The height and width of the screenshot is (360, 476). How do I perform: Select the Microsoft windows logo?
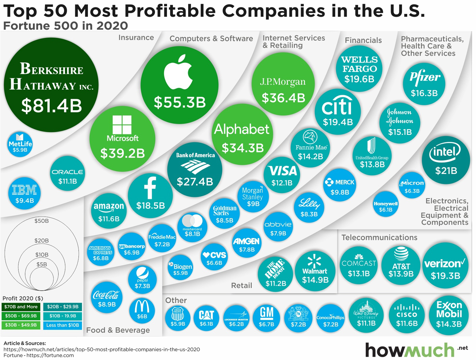[122, 125]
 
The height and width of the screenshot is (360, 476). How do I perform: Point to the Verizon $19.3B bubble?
[445, 269]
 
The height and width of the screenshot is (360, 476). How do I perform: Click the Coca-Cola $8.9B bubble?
[107, 298]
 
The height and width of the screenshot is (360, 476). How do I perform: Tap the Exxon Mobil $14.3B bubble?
[449, 315]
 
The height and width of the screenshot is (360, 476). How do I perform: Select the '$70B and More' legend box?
[21, 307]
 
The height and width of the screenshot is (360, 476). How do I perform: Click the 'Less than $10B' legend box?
[63, 325]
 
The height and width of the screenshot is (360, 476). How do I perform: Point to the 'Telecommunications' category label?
[379, 237]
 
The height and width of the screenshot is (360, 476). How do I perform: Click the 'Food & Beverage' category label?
[118, 330]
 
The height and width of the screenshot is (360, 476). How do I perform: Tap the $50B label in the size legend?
[41, 221]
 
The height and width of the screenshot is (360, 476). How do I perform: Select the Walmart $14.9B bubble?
[315, 271]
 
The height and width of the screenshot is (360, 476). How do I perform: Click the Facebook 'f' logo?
[150, 188]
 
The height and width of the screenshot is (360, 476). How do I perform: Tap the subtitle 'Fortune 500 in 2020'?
[66, 26]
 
